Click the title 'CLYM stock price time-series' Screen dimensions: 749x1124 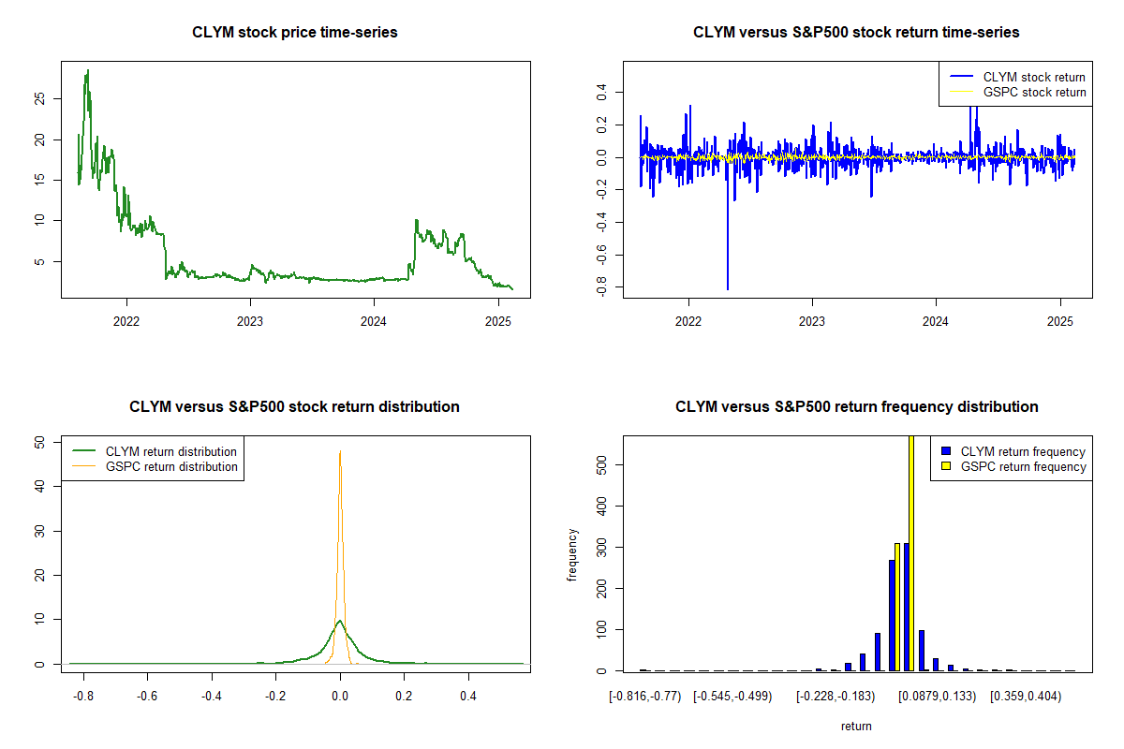(295, 33)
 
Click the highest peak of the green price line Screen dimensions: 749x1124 (87, 71)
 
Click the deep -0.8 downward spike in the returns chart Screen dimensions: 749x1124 (728, 286)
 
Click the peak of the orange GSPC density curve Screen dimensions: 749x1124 (340, 452)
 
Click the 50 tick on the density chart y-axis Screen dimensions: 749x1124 (39, 442)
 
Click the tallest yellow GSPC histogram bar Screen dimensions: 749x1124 (911, 552)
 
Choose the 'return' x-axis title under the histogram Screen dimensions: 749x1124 (856, 727)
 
